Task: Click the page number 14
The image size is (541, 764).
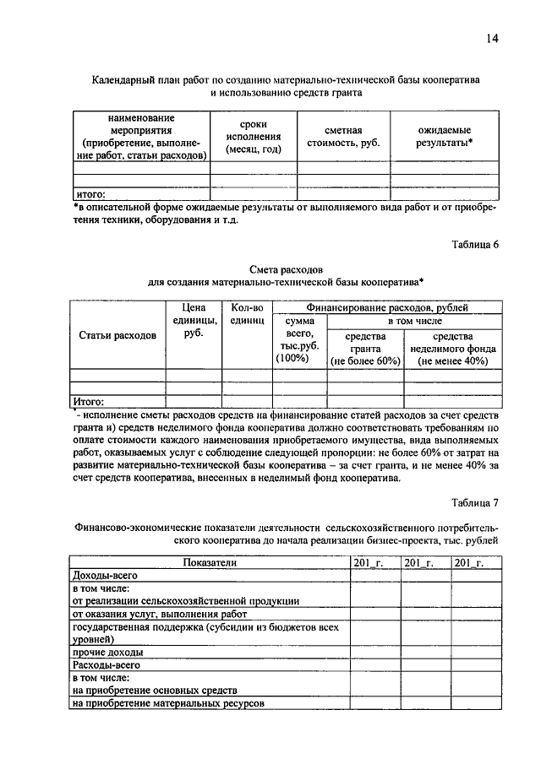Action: (x=493, y=39)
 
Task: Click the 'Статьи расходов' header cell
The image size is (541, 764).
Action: (x=117, y=335)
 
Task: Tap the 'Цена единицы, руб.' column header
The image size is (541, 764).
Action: (x=194, y=321)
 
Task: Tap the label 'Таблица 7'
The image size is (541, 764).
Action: (x=475, y=503)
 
